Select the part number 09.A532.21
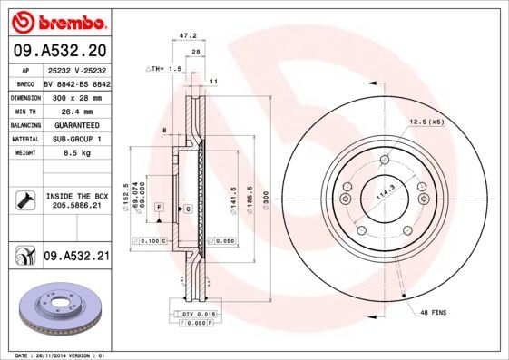[x=76, y=257]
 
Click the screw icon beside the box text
[x=23, y=200]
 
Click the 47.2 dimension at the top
[x=188, y=37]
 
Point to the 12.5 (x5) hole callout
[x=426, y=122]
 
